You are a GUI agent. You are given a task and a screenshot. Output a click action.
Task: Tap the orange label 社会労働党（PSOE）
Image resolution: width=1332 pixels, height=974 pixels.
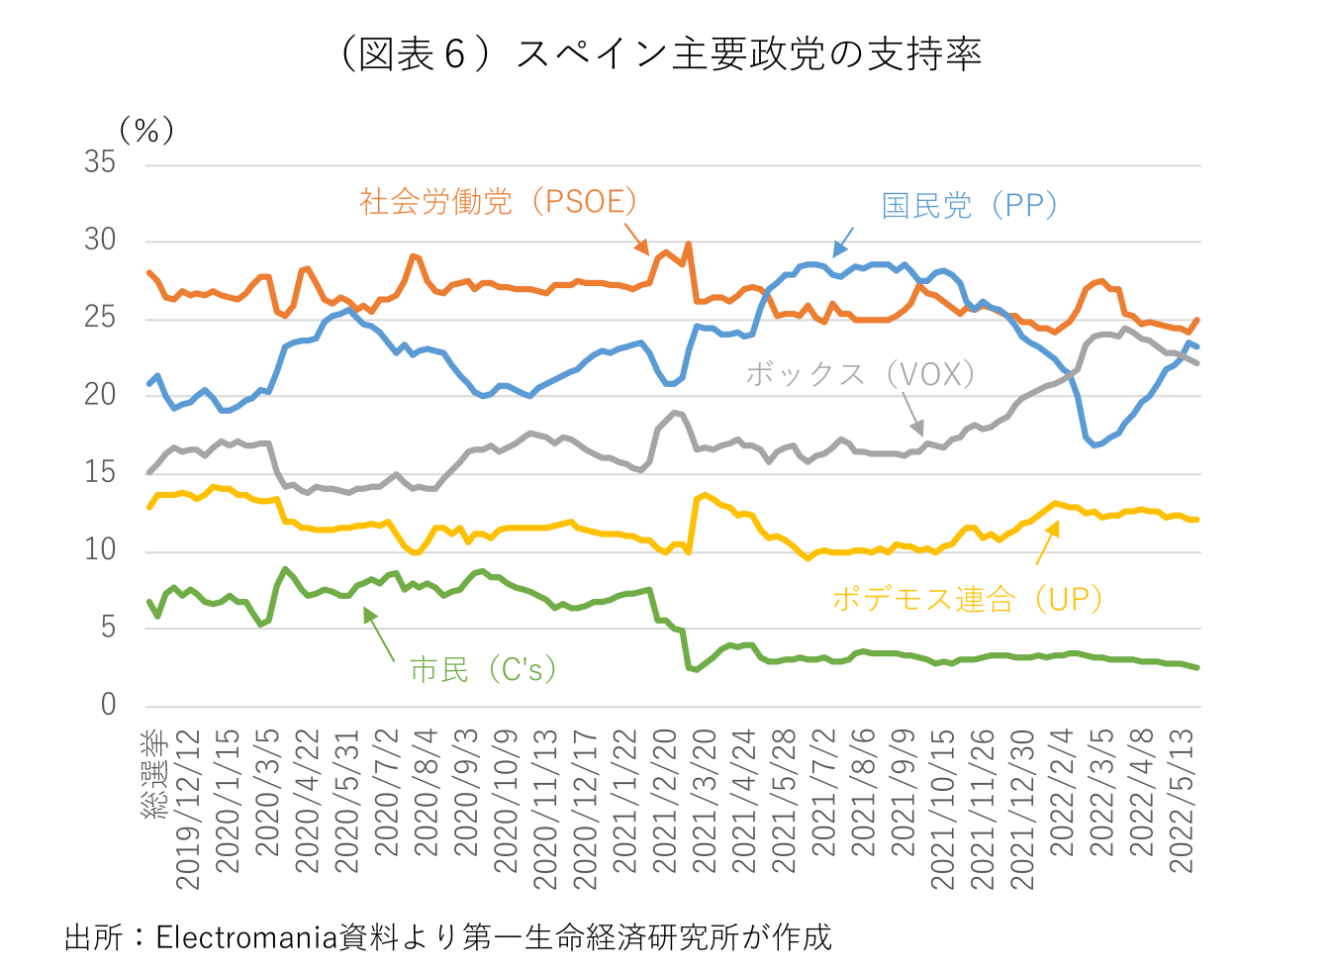499,202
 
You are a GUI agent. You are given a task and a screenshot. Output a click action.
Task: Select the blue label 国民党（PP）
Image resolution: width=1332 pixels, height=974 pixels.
970,206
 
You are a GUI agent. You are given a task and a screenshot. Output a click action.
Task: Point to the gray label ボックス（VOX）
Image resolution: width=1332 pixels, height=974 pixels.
860,374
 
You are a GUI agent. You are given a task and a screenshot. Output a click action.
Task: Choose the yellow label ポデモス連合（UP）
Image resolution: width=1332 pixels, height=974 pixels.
967,599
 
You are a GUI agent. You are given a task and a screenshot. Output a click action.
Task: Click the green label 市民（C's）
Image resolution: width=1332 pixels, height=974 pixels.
483,670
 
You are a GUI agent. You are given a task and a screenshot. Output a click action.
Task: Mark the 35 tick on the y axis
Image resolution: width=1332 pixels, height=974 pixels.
100,162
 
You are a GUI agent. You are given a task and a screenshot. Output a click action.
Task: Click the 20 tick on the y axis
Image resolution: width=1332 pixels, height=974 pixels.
100,395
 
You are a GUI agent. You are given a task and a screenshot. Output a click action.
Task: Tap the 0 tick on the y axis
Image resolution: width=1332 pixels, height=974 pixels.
108,705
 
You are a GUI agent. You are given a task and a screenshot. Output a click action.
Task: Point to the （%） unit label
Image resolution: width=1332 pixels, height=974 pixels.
146,131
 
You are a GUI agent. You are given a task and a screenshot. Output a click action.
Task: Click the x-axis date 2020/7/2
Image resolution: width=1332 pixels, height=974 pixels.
386,792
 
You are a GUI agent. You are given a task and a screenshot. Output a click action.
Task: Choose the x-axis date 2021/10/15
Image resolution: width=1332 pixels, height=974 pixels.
943,807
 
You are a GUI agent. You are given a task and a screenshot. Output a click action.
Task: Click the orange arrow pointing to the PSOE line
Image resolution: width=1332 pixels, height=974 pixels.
636,239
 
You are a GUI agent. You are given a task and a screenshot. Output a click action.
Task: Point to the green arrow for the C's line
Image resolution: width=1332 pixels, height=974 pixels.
379,633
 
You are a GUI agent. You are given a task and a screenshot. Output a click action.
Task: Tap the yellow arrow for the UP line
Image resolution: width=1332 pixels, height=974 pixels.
1047,542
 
